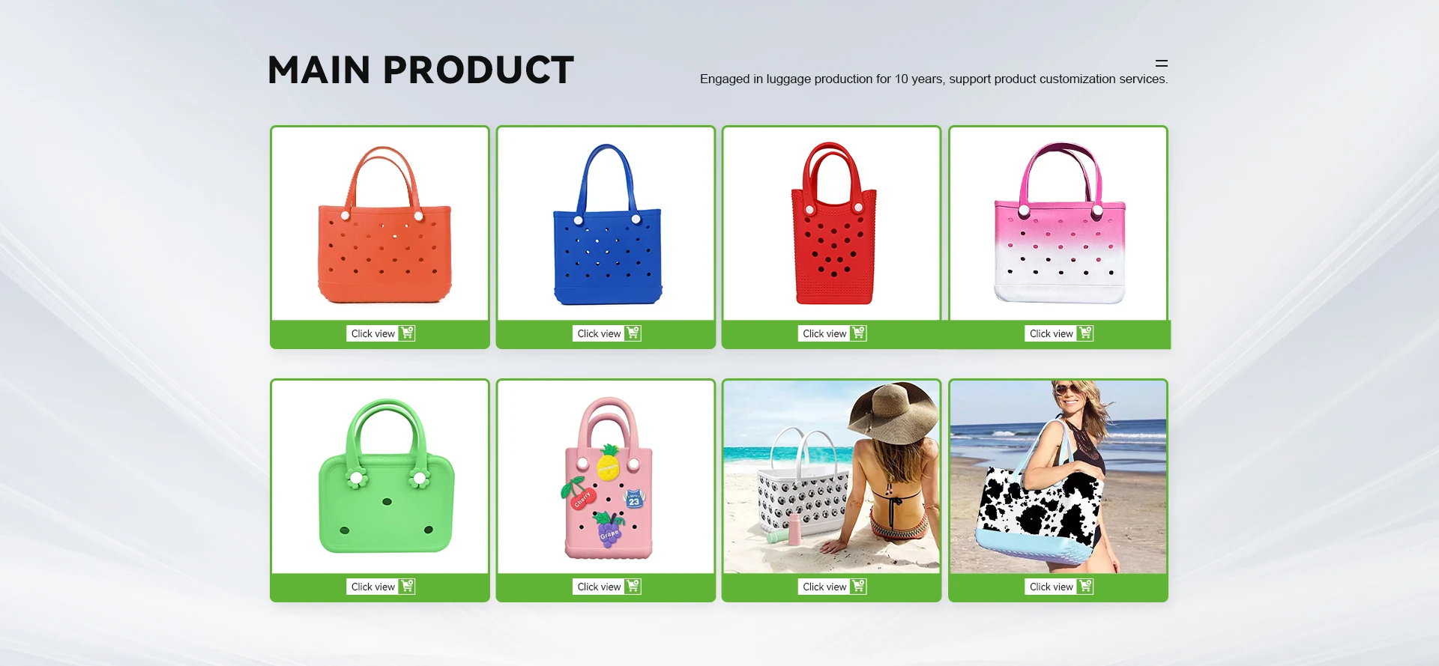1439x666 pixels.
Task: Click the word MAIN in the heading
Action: coord(319,70)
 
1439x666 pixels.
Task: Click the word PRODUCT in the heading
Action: coord(479,70)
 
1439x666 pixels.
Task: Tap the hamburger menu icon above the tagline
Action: coord(1162,64)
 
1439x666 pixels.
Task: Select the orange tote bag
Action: coord(384,225)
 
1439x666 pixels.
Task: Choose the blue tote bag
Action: coord(608,225)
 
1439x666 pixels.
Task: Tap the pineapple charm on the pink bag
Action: coord(609,462)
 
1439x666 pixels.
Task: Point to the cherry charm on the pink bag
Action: coord(578,494)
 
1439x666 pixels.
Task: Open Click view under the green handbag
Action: coord(372,587)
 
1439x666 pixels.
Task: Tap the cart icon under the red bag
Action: coord(859,333)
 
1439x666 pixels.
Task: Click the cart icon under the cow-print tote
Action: coord(1085,587)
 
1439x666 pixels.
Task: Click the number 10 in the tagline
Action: coord(901,79)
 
